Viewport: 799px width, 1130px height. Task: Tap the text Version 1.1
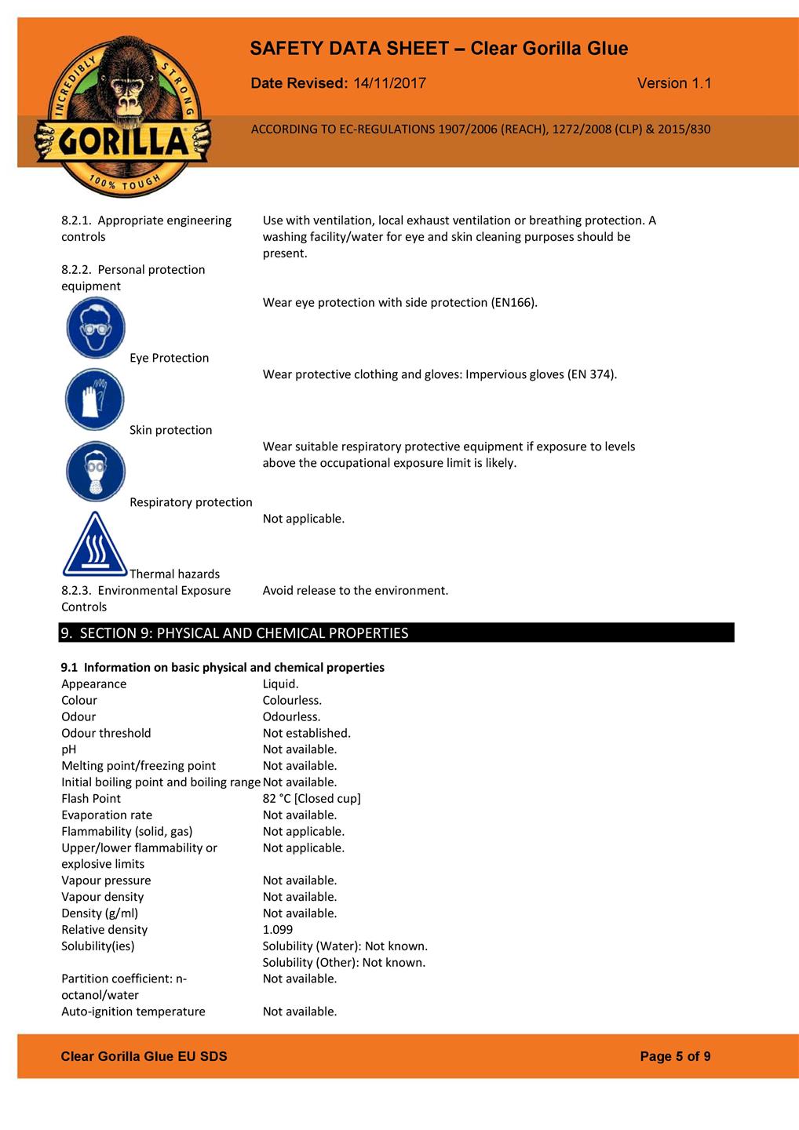click(x=674, y=83)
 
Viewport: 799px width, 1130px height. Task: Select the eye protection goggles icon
click(x=96, y=327)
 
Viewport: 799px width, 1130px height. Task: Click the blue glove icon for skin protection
click(x=95, y=399)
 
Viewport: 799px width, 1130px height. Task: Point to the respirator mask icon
click(x=95, y=472)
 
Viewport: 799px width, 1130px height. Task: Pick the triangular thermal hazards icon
click(x=95, y=545)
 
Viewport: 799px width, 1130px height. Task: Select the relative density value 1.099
click(x=278, y=930)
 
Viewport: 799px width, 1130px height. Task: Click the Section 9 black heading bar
click(x=396, y=632)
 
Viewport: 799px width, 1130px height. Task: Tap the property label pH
click(x=69, y=749)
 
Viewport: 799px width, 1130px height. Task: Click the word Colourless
click(x=292, y=700)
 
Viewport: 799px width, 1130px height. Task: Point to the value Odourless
click(x=291, y=716)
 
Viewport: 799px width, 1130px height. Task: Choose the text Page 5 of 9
click(x=675, y=1056)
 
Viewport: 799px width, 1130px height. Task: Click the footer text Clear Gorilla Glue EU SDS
click(x=144, y=1056)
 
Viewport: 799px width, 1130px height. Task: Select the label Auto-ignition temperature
click(x=133, y=1012)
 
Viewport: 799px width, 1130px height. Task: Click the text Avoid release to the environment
click(x=356, y=590)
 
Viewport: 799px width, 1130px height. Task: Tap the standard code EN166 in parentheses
click(x=513, y=302)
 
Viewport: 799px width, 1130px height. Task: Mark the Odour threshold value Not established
click(x=307, y=733)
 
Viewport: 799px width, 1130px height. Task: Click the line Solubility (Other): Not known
click(x=344, y=963)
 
